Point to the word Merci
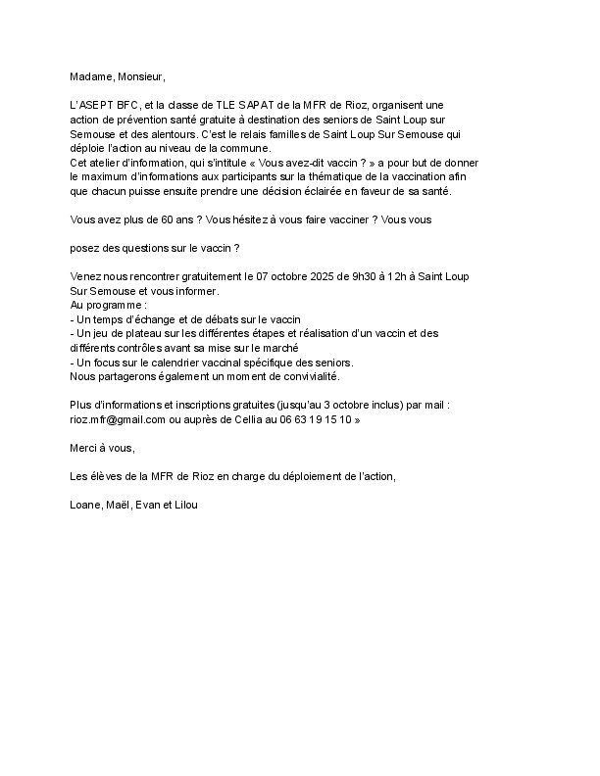pyautogui.click(x=86, y=447)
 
